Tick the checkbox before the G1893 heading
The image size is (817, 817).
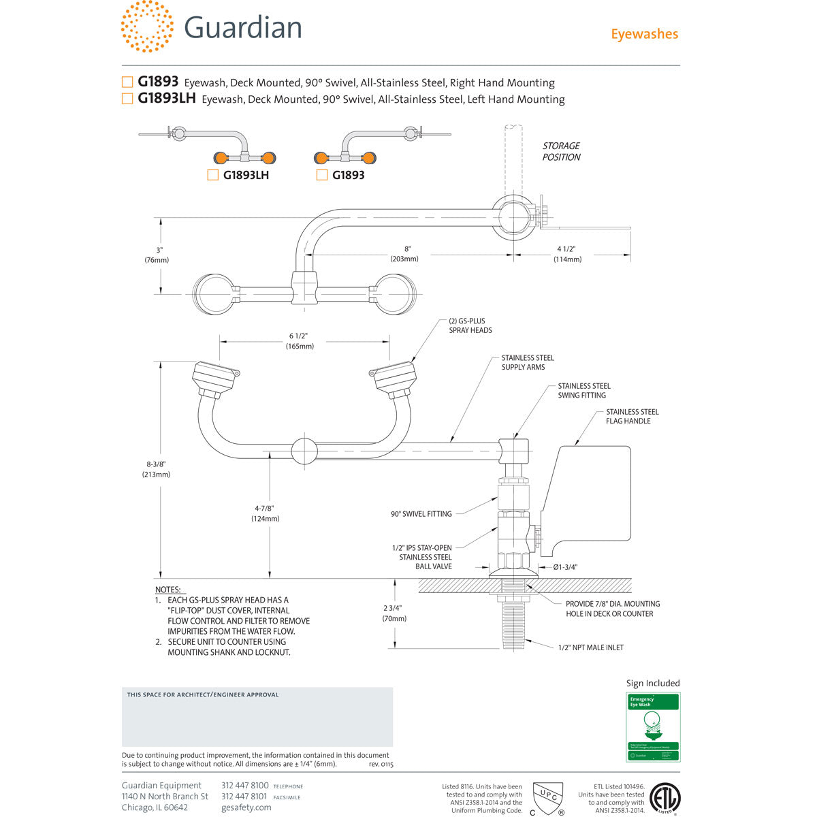pos(127,82)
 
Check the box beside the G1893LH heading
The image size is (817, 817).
pos(127,99)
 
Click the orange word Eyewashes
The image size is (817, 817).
pos(644,34)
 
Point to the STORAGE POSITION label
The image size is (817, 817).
pos(561,151)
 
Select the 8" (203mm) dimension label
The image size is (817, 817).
pos(404,254)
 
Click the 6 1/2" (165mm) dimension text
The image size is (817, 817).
pos(300,341)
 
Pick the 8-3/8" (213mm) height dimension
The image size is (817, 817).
pos(156,469)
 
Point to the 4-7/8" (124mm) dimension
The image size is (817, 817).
pos(265,513)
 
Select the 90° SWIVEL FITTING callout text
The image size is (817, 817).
pos(421,514)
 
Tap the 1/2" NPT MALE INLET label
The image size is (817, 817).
pos(590,647)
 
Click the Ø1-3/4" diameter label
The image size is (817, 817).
pos(565,566)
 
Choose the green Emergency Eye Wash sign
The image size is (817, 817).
pos(653,726)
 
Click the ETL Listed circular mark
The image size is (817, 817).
pos(664,799)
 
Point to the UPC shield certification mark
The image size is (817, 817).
pos(547,797)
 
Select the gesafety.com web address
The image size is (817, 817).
pos(246,807)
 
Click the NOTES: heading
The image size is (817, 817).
pos(168,590)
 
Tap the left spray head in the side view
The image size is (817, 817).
pos(215,380)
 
